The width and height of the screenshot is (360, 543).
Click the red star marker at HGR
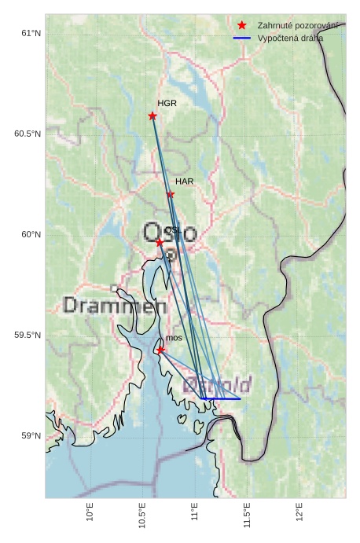pos(152,116)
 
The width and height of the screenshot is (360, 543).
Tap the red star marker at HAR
pos(170,194)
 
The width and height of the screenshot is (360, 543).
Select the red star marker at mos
pos(160,350)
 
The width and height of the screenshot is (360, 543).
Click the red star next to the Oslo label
pos(160,242)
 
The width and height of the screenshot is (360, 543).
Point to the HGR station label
pos(167,104)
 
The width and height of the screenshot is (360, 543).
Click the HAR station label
pos(184,182)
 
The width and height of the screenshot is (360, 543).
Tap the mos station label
pos(174,338)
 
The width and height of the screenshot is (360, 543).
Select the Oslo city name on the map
pos(170,233)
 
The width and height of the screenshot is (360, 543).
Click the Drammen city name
pos(110,305)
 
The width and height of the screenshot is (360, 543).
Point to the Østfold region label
pos(218,385)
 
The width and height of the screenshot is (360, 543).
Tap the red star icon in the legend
pos(242,26)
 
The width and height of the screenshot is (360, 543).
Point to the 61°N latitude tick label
pos(31,33)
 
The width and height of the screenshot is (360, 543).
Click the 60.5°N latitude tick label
pos(28,134)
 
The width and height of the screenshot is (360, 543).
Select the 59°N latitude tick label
pos(31,436)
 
